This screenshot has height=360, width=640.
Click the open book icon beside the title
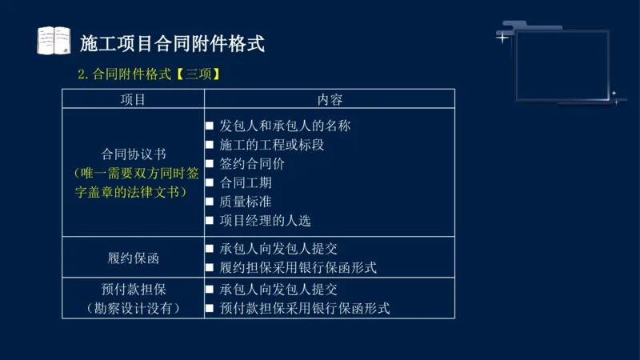click(x=54, y=41)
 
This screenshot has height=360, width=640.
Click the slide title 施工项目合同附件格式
click(x=173, y=42)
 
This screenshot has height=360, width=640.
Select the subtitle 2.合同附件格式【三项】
click(x=150, y=74)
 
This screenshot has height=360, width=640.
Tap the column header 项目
click(x=133, y=99)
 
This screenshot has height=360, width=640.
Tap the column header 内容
click(x=330, y=99)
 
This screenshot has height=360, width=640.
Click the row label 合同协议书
click(x=134, y=154)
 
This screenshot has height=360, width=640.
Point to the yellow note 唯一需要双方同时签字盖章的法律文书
click(x=134, y=182)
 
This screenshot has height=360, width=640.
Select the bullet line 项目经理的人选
click(x=265, y=220)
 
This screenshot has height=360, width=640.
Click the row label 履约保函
click(x=134, y=258)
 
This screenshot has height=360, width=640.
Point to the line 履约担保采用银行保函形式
click(x=298, y=267)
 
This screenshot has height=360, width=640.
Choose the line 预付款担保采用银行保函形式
click(x=304, y=308)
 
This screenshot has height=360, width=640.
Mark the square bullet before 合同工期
click(x=210, y=183)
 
